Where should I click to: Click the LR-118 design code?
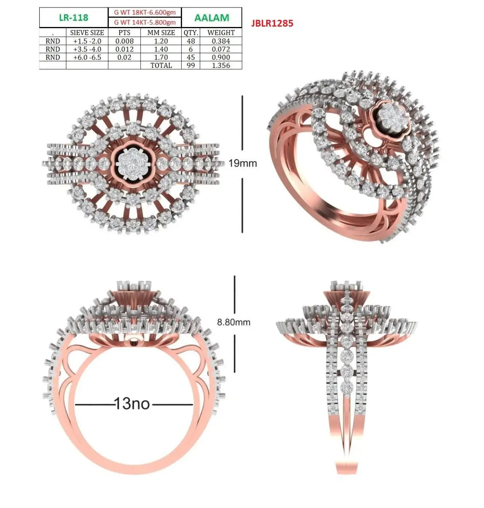click(x=74, y=17)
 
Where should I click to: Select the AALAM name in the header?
click(x=212, y=17)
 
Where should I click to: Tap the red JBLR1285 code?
click(x=272, y=23)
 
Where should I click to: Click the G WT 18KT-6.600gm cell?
click(x=145, y=12)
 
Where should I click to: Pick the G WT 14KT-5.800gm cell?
click(x=145, y=23)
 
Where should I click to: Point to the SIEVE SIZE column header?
click(x=87, y=33)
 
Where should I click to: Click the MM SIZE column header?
click(x=161, y=33)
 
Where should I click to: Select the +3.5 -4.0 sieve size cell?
click(x=87, y=49)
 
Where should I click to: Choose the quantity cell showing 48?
click(x=191, y=41)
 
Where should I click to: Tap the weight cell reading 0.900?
click(x=221, y=57)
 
